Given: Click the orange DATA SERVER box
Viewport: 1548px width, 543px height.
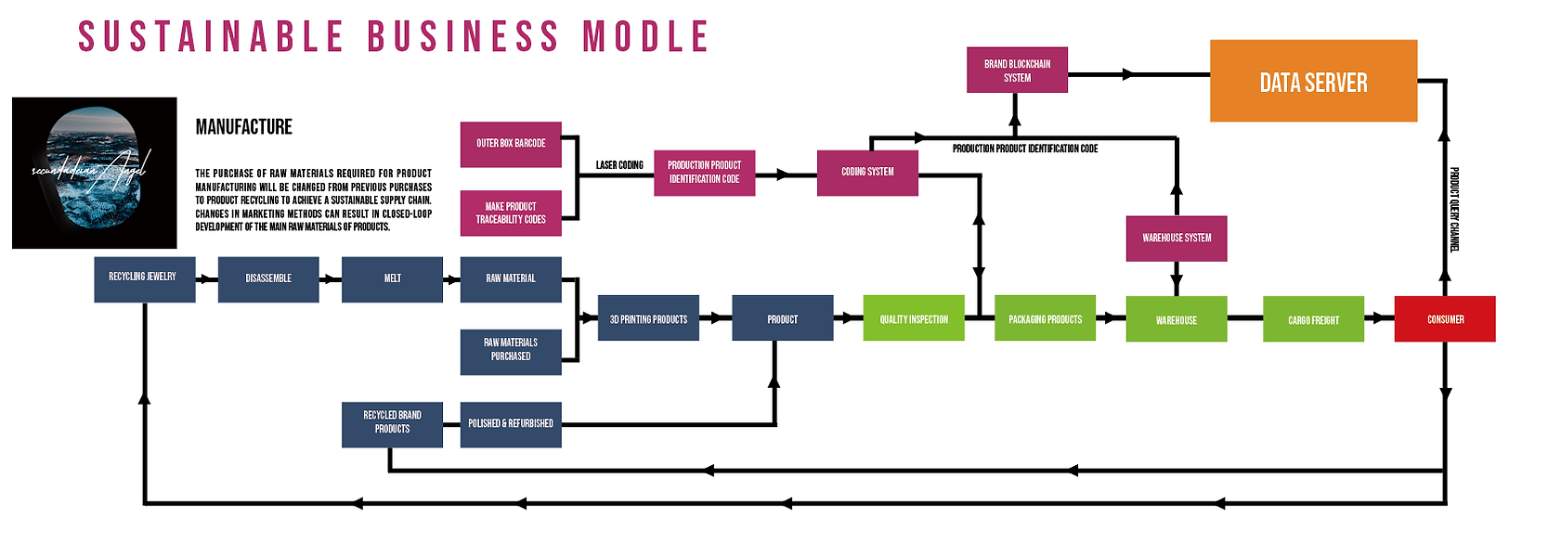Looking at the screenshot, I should pyautogui.click(x=1313, y=81).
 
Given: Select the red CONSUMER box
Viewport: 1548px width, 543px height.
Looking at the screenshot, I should pyautogui.click(x=1445, y=319).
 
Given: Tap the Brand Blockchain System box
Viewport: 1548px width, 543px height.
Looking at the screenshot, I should pyautogui.click(x=1017, y=71).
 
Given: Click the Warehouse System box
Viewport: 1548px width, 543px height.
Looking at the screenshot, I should pyautogui.click(x=1177, y=239).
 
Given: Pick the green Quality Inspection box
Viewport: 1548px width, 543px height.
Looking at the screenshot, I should pyautogui.click(x=914, y=318).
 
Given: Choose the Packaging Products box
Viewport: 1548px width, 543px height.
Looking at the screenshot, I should pyautogui.click(x=1045, y=318).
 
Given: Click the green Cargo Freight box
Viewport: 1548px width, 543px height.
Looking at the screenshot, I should pyautogui.click(x=1313, y=319).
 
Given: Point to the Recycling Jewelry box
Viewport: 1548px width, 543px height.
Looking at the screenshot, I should pyautogui.click(x=144, y=279).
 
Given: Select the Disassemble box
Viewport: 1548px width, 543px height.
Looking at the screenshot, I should pyautogui.click(x=268, y=279).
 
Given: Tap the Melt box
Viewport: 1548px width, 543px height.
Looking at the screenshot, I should pyautogui.click(x=392, y=279).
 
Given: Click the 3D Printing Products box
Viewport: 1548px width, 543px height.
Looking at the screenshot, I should pyautogui.click(x=648, y=318).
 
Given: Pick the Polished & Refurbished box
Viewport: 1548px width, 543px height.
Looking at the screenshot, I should pyautogui.click(x=511, y=424).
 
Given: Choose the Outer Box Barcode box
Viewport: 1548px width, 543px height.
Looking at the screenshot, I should pyautogui.click(x=511, y=144).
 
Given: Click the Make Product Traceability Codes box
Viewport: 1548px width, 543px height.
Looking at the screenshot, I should pyautogui.click(x=511, y=213).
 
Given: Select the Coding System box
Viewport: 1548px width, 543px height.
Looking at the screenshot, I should pyautogui.click(x=867, y=173).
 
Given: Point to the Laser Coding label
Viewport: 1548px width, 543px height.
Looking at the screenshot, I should pyautogui.click(x=619, y=165).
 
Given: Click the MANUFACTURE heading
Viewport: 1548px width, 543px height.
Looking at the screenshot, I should pyautogui.click(x=243, y=127).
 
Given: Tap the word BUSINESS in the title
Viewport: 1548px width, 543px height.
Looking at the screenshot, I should pyautogui.click(x=463, y=37).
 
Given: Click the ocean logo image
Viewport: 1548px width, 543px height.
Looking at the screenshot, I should pyautogui.click(x=95, y=173).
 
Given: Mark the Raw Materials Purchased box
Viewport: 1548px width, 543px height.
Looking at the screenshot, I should pyautogui.click(x=511, y=351).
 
